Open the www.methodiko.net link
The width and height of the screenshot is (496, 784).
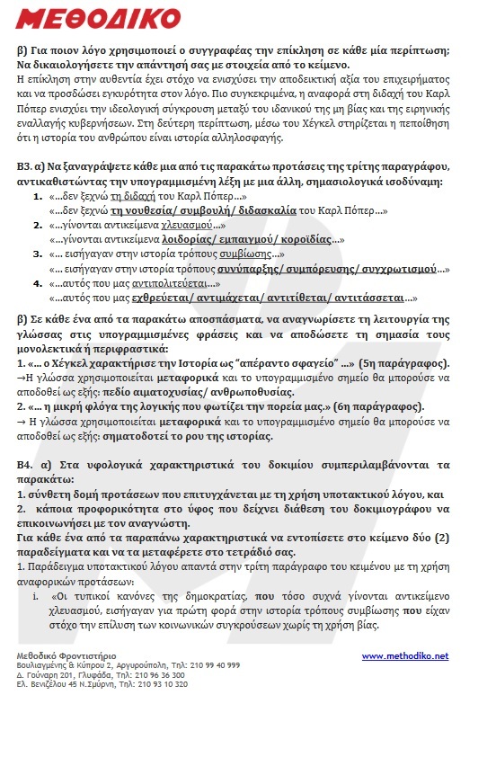click(404, 655)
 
